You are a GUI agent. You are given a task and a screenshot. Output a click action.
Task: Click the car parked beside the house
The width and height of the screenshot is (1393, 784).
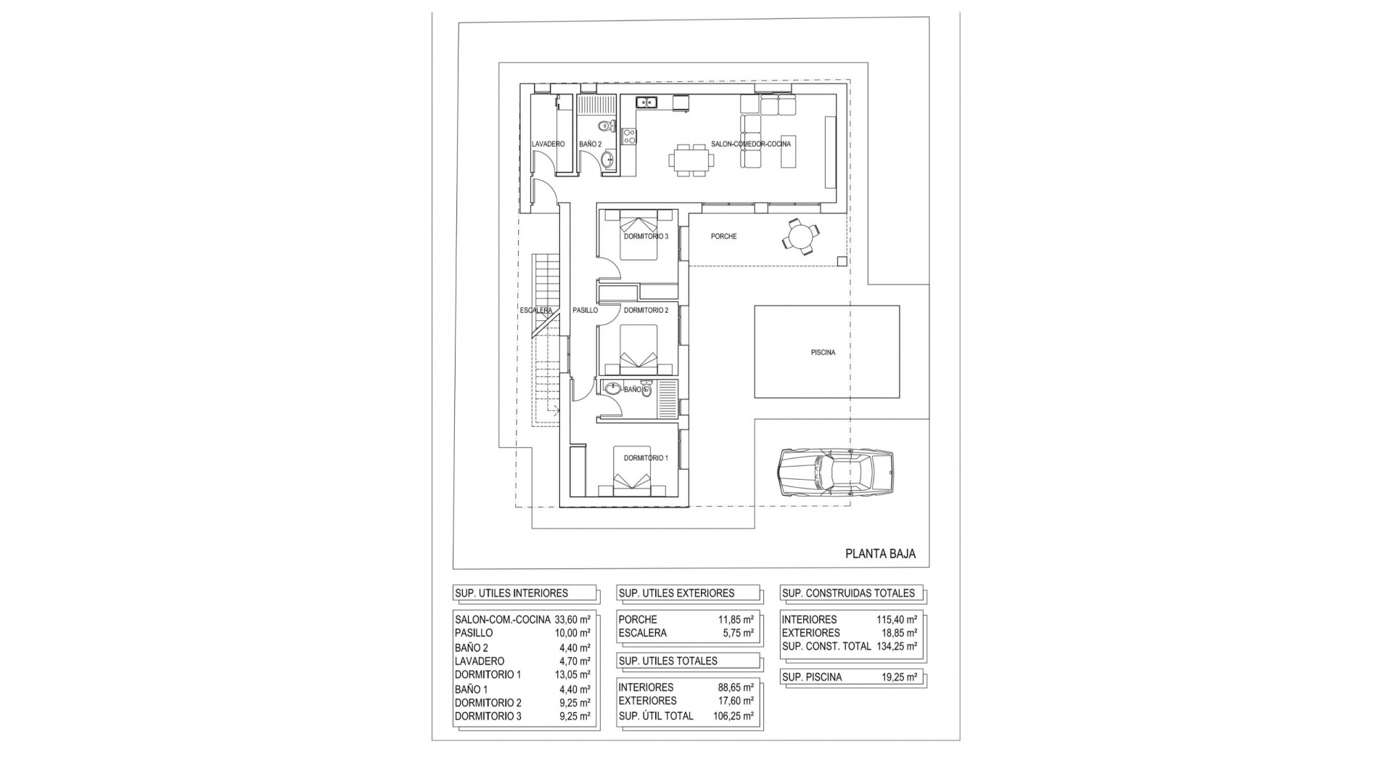click(836, 473)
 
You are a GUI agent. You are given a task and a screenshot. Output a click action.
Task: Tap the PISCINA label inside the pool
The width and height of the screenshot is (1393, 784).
click(823, 353)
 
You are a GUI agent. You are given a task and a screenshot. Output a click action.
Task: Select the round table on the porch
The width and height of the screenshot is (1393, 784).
click(802, 237)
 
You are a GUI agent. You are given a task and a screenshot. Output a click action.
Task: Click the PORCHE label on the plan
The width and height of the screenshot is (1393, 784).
click(723, 237)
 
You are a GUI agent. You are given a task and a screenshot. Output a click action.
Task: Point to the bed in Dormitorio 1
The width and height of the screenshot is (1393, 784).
click(631, 482)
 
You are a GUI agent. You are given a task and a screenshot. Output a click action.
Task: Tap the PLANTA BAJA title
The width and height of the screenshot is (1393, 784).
click(880, 554)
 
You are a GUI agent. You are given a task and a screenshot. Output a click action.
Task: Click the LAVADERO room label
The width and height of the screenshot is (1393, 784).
click(548, 144)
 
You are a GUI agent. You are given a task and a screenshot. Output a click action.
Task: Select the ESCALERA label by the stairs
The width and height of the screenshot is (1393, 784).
click(536, 311)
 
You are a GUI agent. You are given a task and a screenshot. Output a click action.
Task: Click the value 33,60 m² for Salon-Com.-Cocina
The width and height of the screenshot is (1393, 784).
click(572, 620)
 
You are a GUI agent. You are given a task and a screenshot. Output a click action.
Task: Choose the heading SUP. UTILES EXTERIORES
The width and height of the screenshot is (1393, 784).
click(676, 593)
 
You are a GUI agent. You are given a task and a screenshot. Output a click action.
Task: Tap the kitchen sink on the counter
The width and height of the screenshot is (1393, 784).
click(646, 102)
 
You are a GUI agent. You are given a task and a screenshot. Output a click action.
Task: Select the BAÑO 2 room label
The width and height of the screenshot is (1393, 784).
click(590, 144)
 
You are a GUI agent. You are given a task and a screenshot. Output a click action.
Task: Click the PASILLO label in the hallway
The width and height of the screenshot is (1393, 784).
click(585, 311)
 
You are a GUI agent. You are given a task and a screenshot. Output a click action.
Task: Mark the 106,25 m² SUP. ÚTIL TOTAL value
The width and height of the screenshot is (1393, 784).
click(734, 716)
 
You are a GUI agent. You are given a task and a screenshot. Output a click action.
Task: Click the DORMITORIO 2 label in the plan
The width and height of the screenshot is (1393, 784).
click(646, 311)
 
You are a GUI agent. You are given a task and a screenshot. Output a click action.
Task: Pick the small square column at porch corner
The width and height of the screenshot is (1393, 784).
click(842, 261)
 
